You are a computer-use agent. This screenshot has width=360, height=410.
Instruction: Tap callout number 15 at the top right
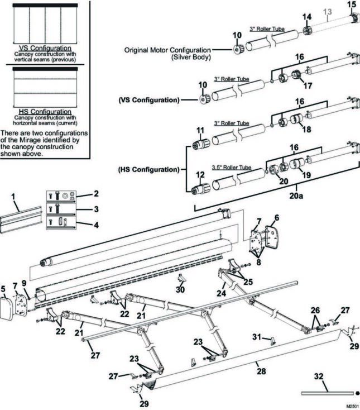pyautogui.click(x=351, y=4)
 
